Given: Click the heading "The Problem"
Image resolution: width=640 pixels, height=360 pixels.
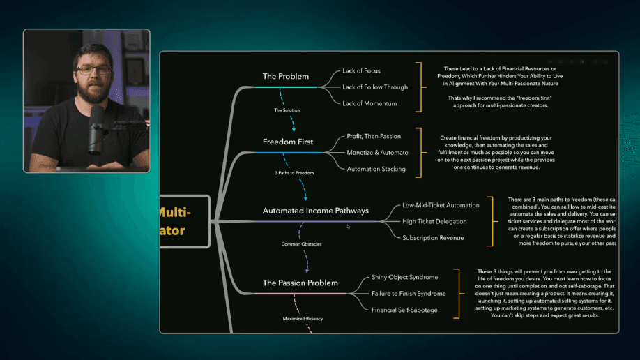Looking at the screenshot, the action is [285, 76].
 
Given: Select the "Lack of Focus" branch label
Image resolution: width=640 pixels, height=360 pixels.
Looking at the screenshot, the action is [361, 71].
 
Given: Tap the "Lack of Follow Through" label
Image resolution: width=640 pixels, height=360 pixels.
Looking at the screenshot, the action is [375, 87].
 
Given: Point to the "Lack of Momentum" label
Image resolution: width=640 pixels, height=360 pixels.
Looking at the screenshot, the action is [369, 103].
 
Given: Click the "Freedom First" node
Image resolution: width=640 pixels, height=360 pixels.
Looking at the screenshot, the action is [288, 142].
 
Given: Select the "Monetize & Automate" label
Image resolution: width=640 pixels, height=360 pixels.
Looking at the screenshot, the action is [377, 152].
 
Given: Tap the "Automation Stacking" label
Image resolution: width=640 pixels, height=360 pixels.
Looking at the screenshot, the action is [376, 169].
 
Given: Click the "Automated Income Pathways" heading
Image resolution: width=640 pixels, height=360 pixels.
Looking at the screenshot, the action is [316, 211].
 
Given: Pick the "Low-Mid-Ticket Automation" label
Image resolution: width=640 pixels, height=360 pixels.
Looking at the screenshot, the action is [441, 205].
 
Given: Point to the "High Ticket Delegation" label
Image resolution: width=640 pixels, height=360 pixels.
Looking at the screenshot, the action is [434, 221].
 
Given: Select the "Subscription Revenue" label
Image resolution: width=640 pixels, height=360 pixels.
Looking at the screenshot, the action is [433, 238].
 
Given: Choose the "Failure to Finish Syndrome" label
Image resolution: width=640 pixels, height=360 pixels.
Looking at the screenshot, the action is [409, 294].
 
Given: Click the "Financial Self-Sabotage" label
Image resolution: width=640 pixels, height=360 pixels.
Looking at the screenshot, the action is [404, 310].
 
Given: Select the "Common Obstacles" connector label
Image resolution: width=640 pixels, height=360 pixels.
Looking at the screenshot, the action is [301, 244].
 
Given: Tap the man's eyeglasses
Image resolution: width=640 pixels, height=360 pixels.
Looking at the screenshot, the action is [93, 70].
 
